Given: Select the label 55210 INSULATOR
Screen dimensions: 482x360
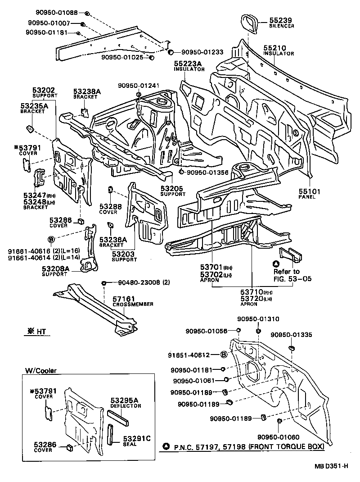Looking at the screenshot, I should [275, 48].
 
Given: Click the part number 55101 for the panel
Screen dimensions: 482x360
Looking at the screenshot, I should [309, 191].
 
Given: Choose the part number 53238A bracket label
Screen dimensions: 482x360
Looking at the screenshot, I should [87, 91].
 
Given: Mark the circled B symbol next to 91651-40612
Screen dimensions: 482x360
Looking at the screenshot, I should [224, 355].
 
